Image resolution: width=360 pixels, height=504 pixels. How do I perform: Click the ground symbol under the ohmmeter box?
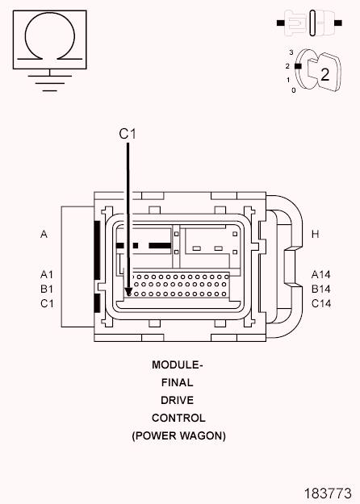[x=49, y=83]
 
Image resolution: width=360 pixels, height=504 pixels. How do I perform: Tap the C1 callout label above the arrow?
[x=128, y=134]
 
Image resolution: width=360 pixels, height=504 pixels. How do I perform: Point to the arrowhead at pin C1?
[x=128, y=292]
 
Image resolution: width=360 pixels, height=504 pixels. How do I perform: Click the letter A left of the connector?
[x=44, y=234]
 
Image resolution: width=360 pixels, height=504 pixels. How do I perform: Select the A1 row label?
[x=47, y=274]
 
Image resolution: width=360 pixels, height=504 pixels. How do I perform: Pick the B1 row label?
[x=47, y=289]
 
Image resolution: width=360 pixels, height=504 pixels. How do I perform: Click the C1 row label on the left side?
[x=47, y=303]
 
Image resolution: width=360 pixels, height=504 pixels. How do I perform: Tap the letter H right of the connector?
[x=316, y=234]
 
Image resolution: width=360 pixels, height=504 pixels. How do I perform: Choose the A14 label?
[x=320, y=274]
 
